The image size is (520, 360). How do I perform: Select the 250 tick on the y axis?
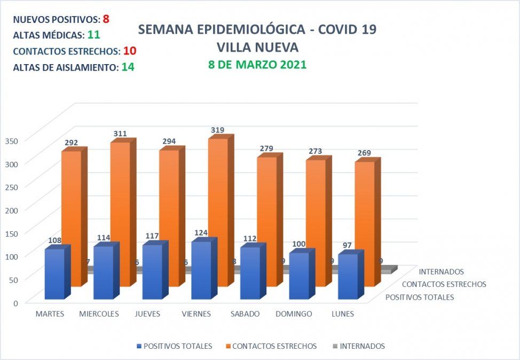[12, 186]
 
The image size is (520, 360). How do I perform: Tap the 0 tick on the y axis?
[14, 302]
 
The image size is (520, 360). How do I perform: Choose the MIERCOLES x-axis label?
[99, 314]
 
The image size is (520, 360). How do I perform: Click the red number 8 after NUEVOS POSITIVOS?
[106, 19]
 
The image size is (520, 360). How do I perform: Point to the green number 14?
[128, 67]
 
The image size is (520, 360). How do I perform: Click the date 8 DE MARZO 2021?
[257, 65]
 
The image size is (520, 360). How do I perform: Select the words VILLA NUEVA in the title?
[257, 47]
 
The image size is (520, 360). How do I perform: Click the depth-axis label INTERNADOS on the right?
[442, 272]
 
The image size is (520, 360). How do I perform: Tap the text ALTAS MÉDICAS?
[47, 35]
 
